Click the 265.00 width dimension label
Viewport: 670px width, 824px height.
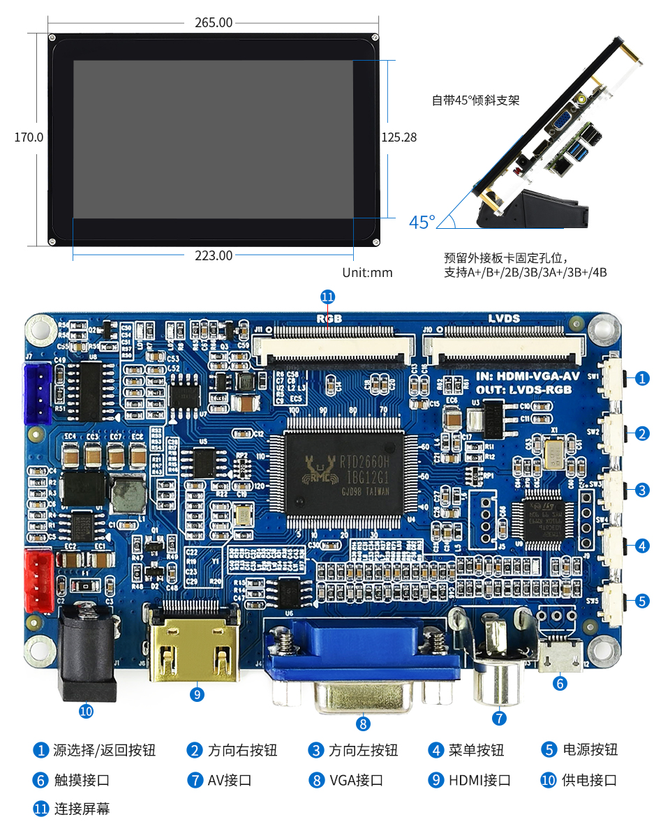[214, 23]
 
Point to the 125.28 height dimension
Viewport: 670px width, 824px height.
[399, 137]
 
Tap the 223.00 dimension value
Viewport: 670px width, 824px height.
[214, 255]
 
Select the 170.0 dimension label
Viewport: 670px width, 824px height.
[29, 137]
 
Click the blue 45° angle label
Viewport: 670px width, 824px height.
[422, 223]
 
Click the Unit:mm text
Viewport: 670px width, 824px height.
[367, 273]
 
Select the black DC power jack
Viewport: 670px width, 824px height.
[86, 652]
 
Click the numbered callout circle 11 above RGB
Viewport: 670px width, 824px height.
[328, 297]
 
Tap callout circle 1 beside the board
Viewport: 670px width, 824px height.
[642, 378]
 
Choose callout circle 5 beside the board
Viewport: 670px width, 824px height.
[642, 601]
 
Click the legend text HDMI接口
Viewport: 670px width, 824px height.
[479, 780]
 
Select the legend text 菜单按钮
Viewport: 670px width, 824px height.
[476, 750]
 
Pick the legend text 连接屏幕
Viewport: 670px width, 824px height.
[82, 809]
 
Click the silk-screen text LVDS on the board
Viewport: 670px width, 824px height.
[503, 318]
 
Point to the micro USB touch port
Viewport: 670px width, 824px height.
[560, 653]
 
